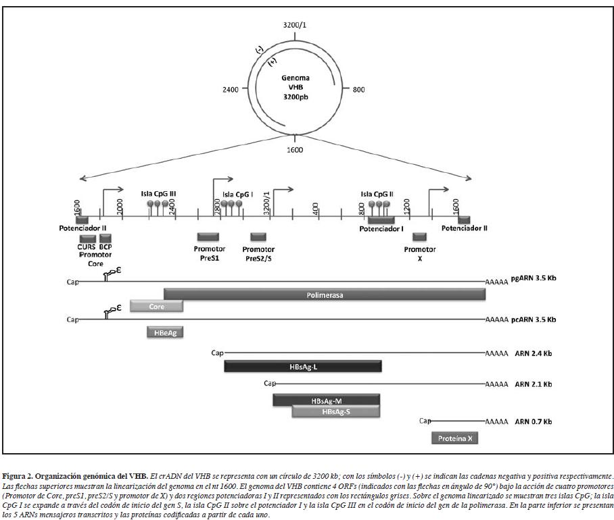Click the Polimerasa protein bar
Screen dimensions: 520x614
point(325,294)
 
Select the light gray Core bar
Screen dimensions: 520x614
point(157,306)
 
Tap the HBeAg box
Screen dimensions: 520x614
point(165,332)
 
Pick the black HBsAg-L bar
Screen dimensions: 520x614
point(303,366)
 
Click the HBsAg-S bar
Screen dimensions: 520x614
point(335,411)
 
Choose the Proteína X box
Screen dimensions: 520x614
point(455,438)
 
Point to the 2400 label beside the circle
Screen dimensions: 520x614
point(231,89)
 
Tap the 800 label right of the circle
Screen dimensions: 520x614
point(358,89)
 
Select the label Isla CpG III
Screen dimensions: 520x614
point(158,193)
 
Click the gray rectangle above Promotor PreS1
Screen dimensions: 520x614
point(208,236)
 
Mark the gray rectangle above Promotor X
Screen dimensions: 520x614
point(420,236)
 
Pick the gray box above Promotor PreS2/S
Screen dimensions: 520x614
point(258,236)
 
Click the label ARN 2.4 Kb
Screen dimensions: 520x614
point(533,353)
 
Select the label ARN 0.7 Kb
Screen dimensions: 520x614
point(533,421)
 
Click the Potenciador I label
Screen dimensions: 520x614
point(381,229)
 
